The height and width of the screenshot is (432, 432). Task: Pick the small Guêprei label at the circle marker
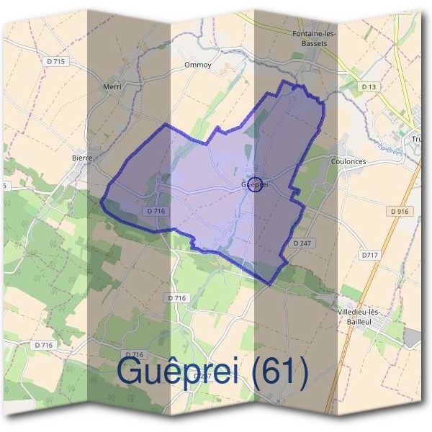point(250,184)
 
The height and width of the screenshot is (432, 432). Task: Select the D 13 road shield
point(369,86)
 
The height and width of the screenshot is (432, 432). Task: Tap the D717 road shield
point(370,256)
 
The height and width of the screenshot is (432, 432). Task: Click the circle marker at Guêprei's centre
point(256,184)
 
